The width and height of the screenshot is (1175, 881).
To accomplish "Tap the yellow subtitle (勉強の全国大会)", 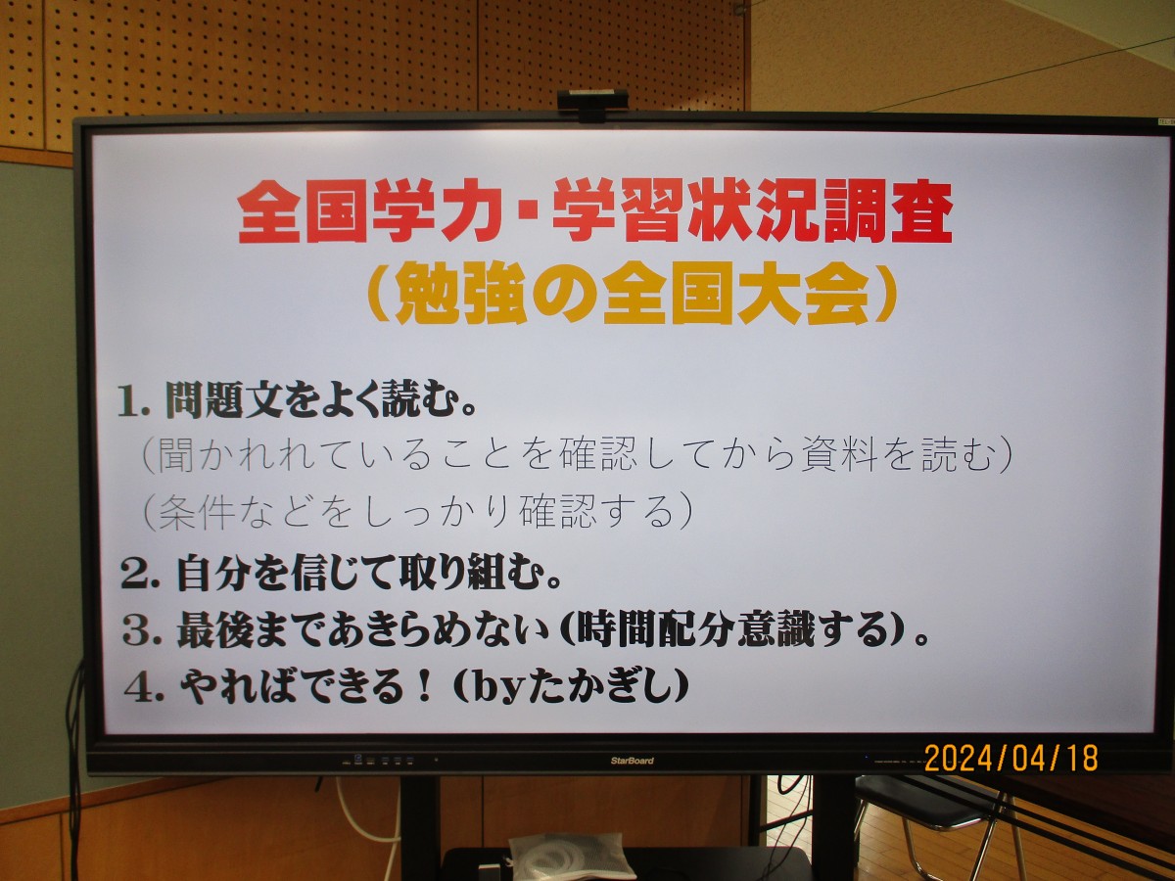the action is [x=633, y=293].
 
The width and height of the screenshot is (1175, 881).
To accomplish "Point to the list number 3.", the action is [x=142, y=632].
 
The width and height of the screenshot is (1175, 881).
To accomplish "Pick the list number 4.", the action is [x=144, y=688].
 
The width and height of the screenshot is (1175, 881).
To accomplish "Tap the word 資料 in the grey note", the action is [x=839, y=457].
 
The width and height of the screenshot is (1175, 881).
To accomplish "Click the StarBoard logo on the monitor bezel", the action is [x=633, y=761].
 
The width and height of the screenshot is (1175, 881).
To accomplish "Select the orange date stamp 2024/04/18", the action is [x=1011, y=758].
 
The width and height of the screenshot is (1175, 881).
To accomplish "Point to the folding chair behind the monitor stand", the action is [x=931, y=824].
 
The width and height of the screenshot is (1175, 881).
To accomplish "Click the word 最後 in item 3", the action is [x=214, y=631].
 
